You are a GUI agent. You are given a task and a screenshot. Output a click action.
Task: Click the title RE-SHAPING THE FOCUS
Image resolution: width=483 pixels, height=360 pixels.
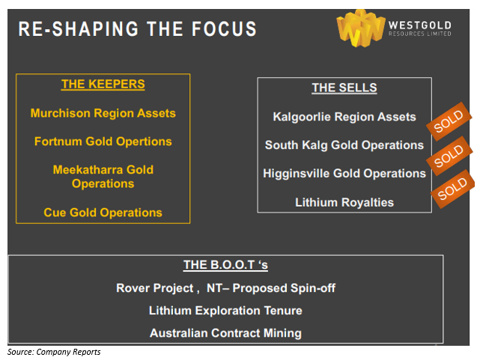point(137,29)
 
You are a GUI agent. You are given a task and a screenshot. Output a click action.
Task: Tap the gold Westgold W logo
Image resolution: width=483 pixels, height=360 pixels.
point(360,28)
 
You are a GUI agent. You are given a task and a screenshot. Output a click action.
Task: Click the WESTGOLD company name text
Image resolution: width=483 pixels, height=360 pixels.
point(419,25)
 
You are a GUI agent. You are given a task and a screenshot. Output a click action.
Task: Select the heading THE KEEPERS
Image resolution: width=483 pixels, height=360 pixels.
point(103,84)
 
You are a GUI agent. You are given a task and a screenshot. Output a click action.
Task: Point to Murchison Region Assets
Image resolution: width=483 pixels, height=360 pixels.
point(103,113)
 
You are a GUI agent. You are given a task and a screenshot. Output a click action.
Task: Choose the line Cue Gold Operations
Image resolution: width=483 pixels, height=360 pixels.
point(103,213)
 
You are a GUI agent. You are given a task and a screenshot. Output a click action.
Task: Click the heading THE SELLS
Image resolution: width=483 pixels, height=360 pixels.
point(344,88)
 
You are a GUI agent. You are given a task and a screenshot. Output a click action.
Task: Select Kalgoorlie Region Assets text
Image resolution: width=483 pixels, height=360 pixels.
point(344,117)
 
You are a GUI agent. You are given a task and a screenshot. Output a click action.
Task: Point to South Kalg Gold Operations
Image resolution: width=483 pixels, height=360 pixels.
point(344,145)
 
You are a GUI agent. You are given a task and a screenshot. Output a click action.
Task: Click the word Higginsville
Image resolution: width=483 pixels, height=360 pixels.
point(297,174)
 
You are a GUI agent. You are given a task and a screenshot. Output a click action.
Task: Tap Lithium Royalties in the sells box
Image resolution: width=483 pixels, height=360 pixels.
point(344,202)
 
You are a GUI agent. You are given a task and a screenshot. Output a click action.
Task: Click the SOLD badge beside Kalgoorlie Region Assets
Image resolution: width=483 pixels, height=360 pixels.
point(449,121)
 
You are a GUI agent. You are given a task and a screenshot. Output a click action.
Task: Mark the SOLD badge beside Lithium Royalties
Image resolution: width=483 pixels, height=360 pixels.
point(453,189)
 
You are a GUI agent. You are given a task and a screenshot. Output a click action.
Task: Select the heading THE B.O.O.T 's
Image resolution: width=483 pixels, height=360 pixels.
point(225,265)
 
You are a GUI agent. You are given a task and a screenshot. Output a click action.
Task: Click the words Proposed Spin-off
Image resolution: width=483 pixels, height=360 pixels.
point(284,288)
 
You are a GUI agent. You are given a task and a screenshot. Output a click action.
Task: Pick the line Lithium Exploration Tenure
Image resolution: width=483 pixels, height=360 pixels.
point(225,311)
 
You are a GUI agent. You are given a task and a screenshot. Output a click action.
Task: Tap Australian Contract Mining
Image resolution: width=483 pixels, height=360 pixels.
point(225,333)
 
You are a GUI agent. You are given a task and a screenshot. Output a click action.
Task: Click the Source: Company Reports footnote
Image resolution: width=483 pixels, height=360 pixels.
point(54,352)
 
